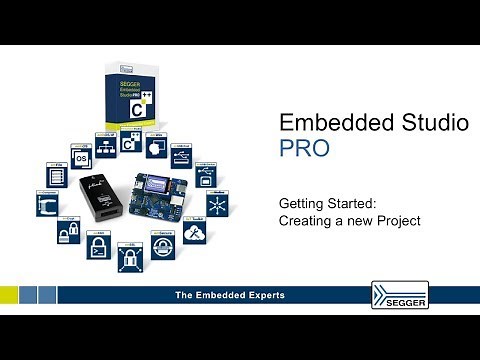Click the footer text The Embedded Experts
(x=230, y=295)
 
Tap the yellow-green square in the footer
(x=9, y=295)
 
